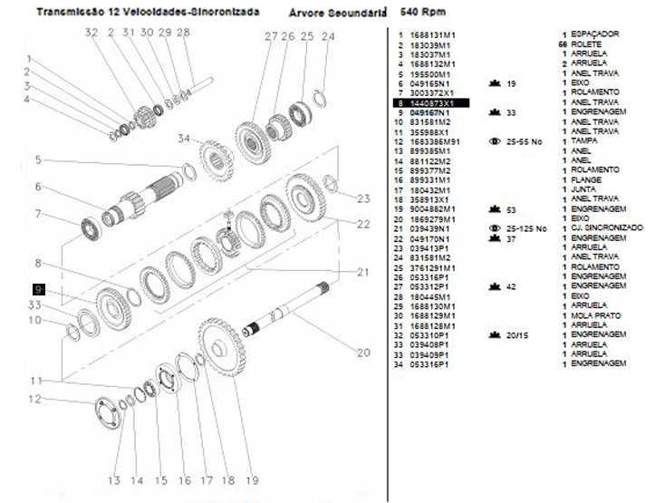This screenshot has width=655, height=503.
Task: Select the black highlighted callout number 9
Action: click(x=39, y=289)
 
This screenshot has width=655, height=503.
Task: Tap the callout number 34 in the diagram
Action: click(x=184, y=139)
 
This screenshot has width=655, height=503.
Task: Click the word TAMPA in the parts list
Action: click(x=583, y=142)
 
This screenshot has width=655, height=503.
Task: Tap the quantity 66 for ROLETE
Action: click(x=563, y=44)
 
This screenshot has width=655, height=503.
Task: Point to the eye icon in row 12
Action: click(x=494, y=142)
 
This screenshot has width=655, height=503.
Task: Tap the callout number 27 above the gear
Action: click(x=271, y=36)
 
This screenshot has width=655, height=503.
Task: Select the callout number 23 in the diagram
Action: click(x=363, y=199)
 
